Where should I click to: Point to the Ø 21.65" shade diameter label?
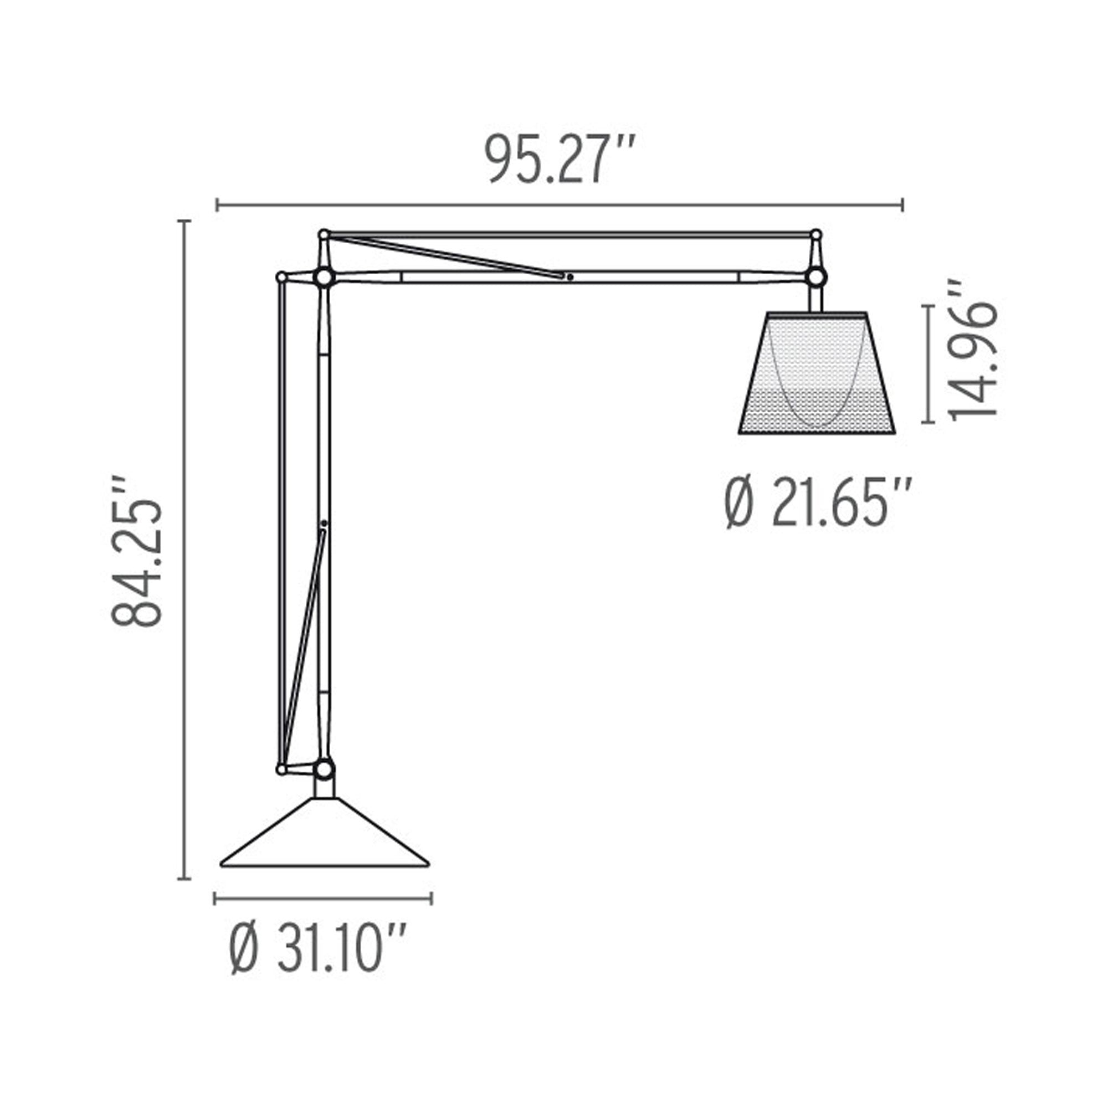[817, 504]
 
